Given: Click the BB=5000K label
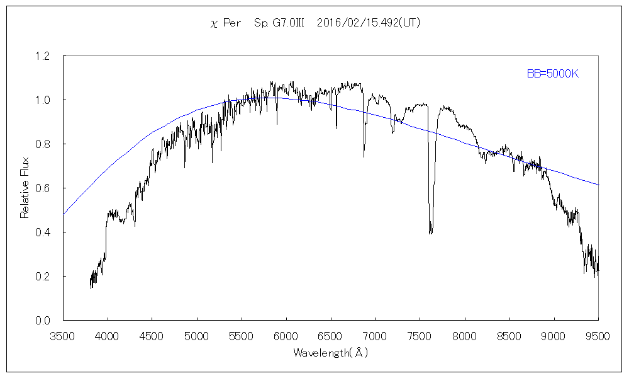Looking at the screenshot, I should [552, 74].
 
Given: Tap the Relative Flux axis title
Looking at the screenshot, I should [25, 188].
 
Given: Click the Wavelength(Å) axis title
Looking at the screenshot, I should [330, 353].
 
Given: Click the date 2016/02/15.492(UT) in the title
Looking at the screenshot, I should [369, 23].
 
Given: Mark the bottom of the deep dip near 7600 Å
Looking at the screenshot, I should [430, 233].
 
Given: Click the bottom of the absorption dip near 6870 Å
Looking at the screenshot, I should [364, 156].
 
